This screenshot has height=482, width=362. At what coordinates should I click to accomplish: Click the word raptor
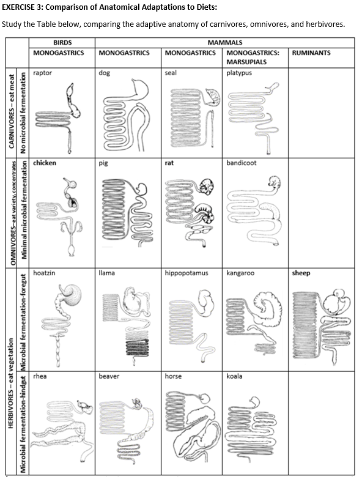[43, 73]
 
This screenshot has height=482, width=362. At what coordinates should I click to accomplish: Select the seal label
[171, 73]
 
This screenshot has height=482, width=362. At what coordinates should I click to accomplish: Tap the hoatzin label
[45, 273]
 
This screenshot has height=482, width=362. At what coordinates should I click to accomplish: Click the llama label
[106, 273]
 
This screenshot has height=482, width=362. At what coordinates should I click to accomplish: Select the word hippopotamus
[187, 273]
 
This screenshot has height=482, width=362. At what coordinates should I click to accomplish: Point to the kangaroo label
[240, 273]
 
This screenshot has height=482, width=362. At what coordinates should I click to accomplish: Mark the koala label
[234, 376]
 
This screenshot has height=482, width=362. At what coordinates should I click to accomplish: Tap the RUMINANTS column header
[311, 53]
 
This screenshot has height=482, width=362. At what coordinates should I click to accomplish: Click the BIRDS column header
[63, 42]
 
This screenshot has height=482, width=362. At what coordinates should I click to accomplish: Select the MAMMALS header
[225, 42]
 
